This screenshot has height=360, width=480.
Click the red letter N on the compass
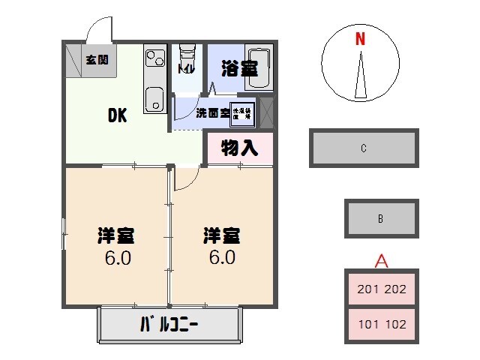(x=361, y=40)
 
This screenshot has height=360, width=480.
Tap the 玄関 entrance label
(x=96, y=60)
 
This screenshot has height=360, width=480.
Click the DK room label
(x=117, y=115)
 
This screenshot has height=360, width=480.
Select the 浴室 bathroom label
(x=239, y=68)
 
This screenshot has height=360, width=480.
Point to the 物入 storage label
(x=239, y=148)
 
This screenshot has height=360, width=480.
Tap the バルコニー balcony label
(x=172, y=325)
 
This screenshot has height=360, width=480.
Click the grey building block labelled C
(x=363, y=148)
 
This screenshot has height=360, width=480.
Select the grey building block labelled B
(x=381, y=219)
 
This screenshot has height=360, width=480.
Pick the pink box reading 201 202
(x=381, y=289)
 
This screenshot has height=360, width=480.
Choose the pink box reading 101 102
(x=381, y=325)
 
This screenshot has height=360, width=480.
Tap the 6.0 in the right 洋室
(x=222, y=257)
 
